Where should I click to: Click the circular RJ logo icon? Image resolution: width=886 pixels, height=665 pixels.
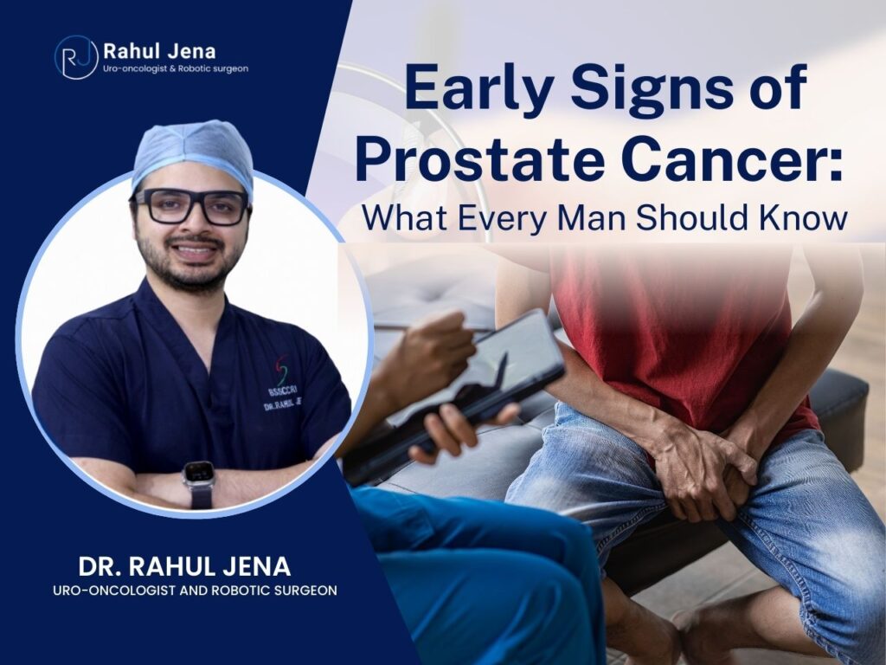(76, 57)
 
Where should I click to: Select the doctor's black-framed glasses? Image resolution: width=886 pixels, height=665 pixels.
(191, 205)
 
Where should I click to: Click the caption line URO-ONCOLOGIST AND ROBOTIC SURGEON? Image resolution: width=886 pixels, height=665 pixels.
(195, 591)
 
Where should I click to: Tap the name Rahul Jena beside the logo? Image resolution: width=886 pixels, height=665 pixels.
(159, 51)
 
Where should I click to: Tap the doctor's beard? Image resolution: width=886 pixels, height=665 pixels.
(188, 266)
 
